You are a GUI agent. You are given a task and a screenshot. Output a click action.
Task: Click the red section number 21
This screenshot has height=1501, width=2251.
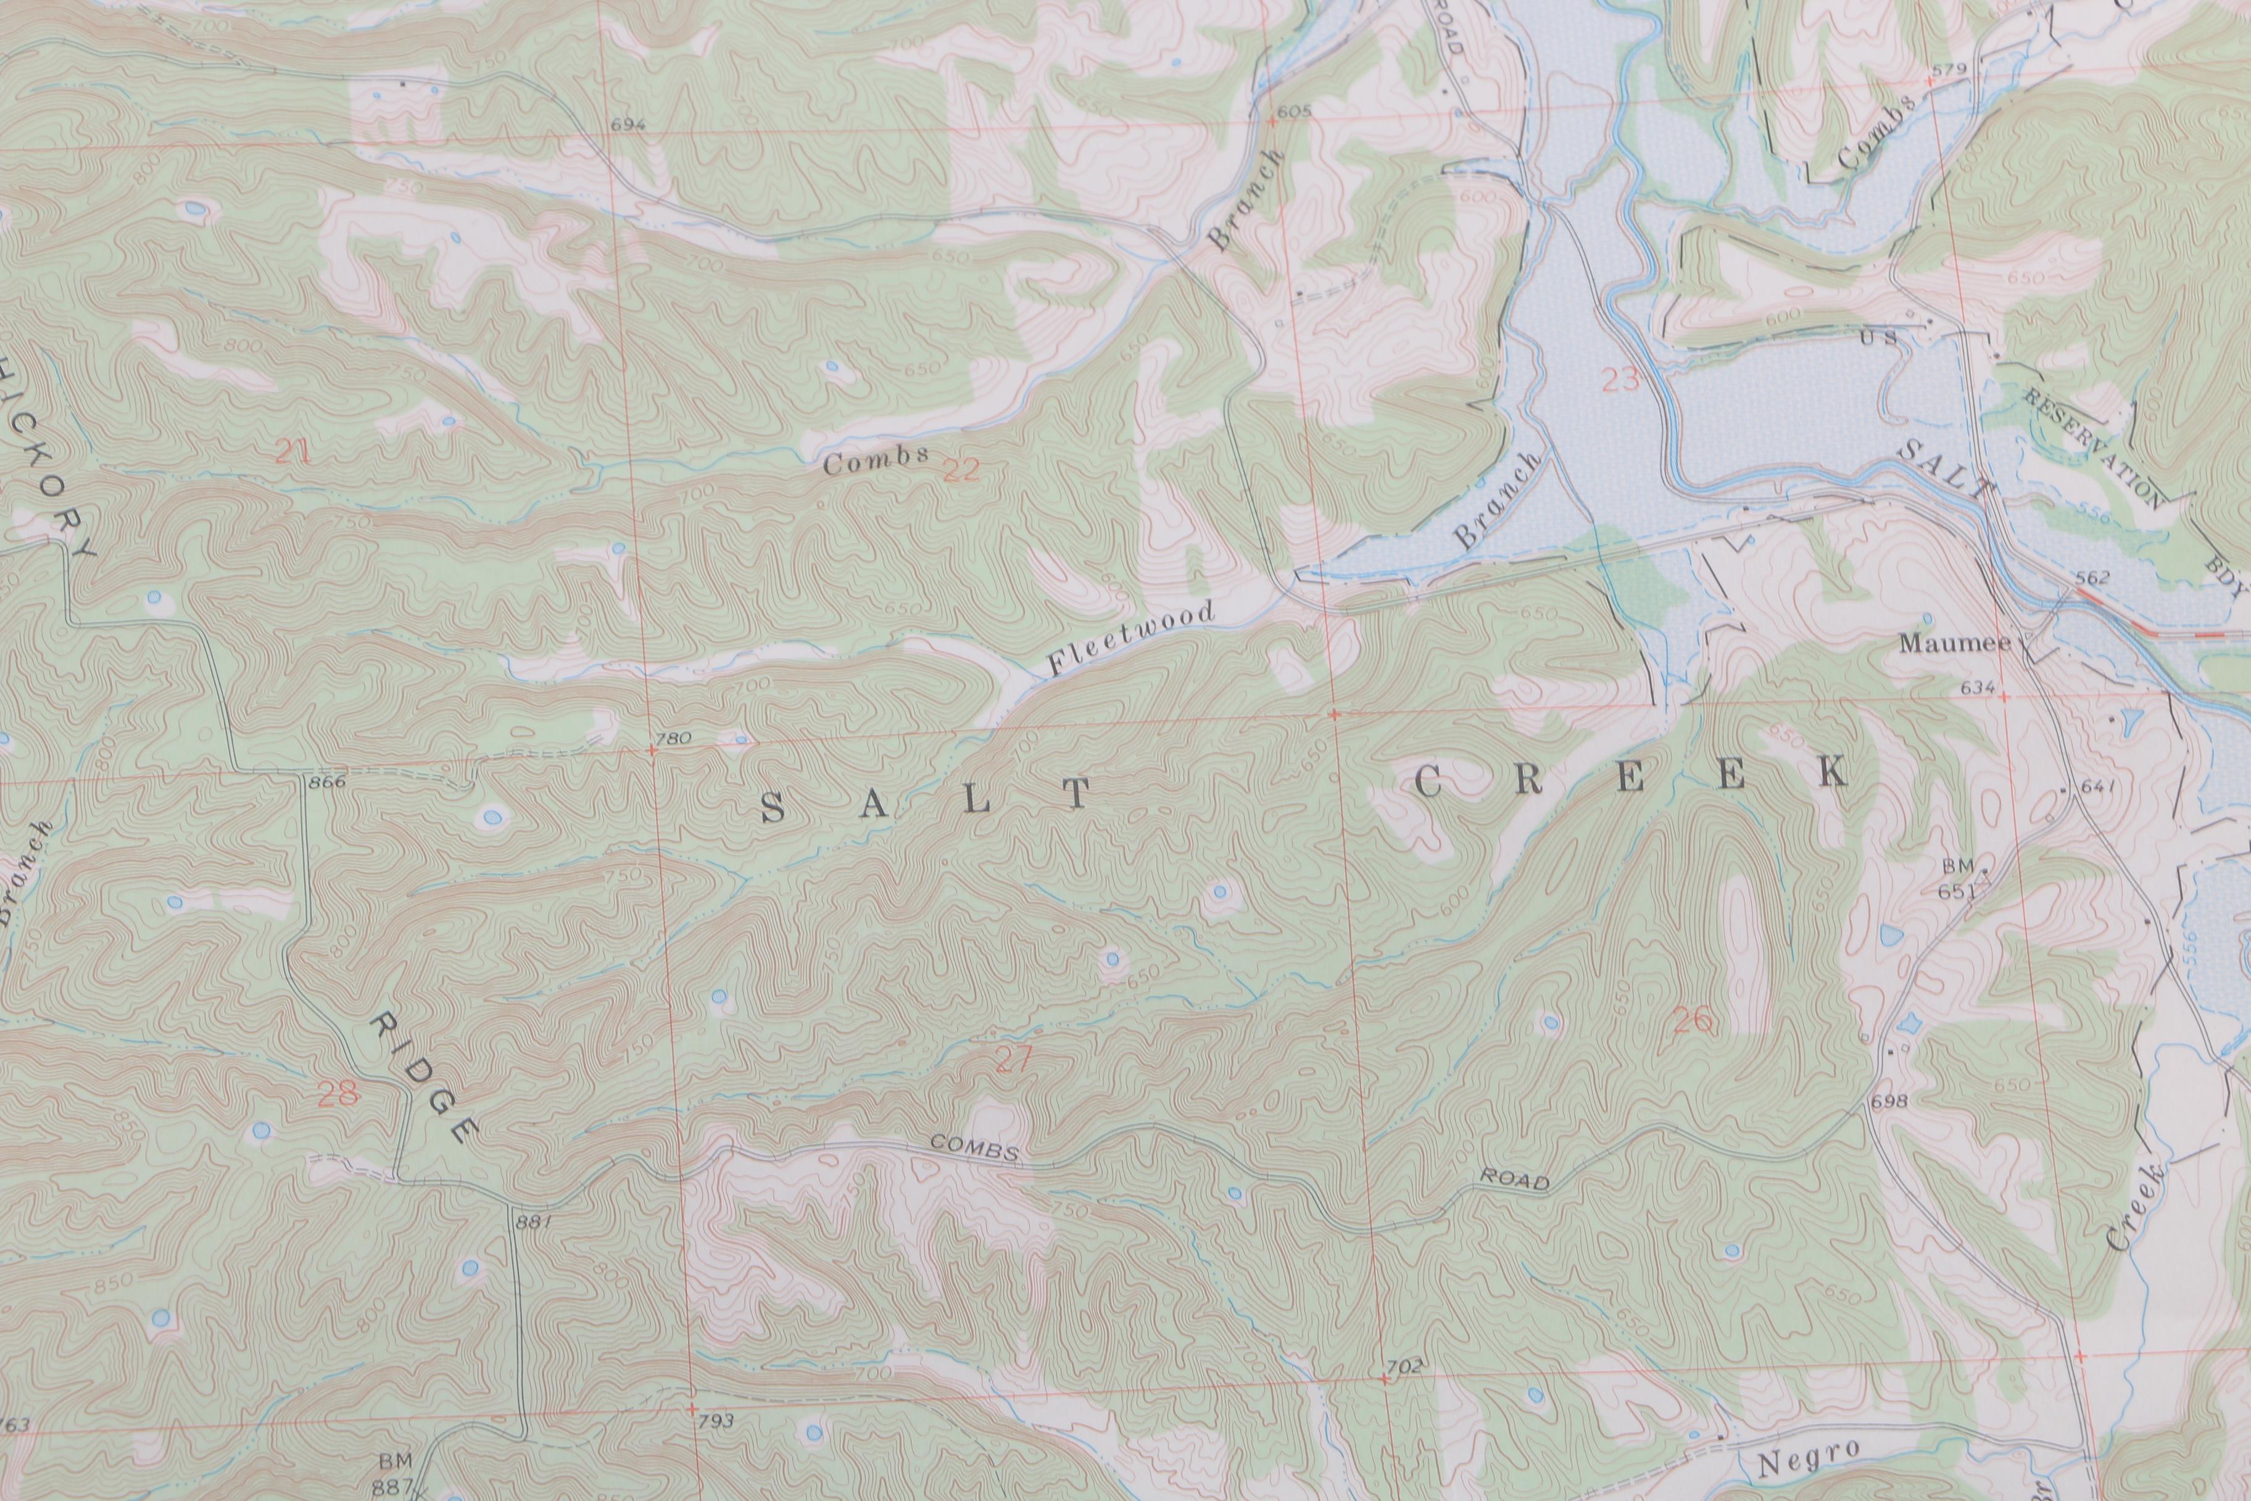click(293, 452)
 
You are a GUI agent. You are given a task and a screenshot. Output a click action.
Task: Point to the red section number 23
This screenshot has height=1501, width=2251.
click(1619, 381)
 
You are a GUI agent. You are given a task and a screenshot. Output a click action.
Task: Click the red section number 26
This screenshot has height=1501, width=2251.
click(1692, 1021)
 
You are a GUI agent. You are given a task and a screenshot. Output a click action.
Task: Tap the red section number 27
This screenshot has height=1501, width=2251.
click(1014, 1060)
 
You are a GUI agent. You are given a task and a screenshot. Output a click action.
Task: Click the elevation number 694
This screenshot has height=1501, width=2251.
click(629, 125)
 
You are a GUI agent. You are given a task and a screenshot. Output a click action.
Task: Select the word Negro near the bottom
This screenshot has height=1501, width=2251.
click(1809, 1460)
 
